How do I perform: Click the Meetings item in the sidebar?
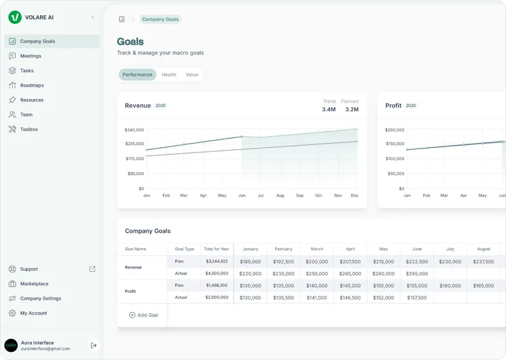point(30,56)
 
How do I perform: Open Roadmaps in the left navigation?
point(32,85)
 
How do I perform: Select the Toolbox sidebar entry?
point(29,129)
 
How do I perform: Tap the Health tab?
point(169,75)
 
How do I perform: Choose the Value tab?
point(192,75)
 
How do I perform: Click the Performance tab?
point(137,75)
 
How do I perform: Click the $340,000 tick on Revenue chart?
point(134,130)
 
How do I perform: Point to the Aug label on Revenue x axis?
point(280,196)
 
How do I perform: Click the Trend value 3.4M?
point(329,109)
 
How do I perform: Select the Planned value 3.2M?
point(352,109)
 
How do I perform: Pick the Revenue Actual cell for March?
point(317,274)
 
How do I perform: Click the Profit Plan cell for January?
point(250,285)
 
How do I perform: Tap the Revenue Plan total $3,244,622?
point(217,261)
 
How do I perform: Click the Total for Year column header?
point(217,249)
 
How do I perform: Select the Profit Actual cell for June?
point(417,297)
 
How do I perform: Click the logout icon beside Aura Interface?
point(94,345)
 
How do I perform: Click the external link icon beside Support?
point(92,269)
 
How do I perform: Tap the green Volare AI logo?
point(15,17)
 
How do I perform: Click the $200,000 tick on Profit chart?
point(395,130)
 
